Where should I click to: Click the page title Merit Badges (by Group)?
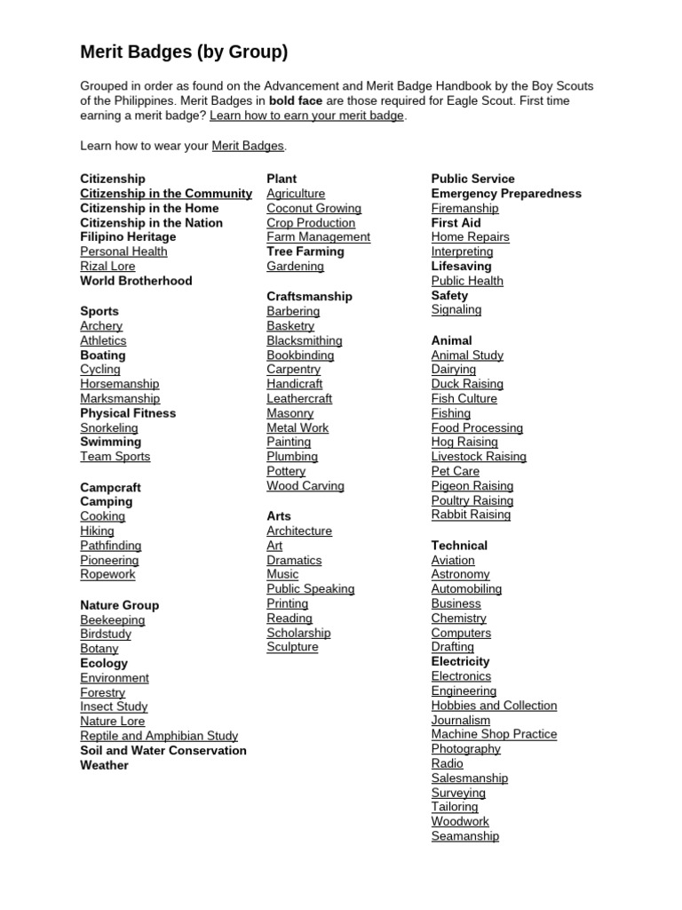click(184, 52)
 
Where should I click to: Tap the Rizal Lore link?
click(107, 266)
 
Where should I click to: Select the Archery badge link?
click(101, 326)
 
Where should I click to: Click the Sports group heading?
click(99, 311)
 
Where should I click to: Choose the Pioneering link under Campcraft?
click(109, 560)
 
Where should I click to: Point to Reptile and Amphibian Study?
click(159, 736)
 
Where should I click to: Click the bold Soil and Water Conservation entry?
click(163, 750)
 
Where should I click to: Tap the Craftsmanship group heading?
click(309, 296)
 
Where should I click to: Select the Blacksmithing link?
click(304, 340)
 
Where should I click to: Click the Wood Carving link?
click(305, 486)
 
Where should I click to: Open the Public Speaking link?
click(310, 589)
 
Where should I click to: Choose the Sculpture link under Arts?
click(292, 647)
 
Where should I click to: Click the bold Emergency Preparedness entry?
click(506, 194)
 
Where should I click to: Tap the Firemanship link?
click(464, 208)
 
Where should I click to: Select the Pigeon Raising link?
click(472, 486)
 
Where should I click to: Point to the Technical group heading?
click(459, 546)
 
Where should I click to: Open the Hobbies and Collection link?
click(494, 706)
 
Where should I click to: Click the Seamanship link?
click(464, 836)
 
